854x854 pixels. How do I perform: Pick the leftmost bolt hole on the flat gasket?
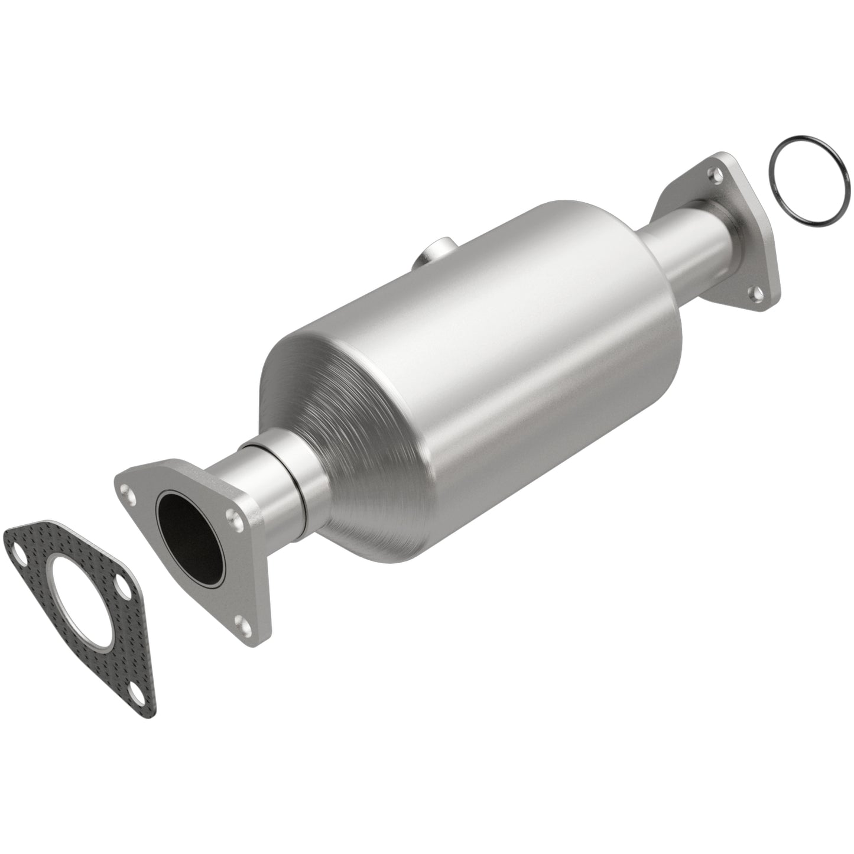pyautogui.click(x=17, y=555)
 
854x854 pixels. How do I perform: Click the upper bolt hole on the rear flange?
pyautogui.click(x=717, y=173)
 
